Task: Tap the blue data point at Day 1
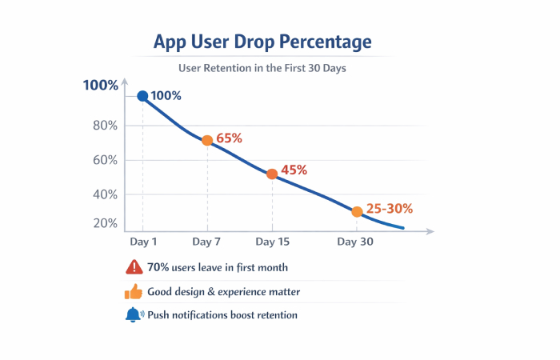[x=142, y=96]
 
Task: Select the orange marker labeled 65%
[x=207, y=140]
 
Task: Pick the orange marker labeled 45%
[x=272, y=174]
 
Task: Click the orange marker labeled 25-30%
[x=357, y=212]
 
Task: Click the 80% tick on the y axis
[x=105, y=126]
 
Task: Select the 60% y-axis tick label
[x=105, y=160]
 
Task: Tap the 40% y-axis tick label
[x=105, y=194]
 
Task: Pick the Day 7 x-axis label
[x=207, y=241]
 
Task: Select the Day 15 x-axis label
[x=272, y=241]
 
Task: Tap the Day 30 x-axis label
[x=356, y=241]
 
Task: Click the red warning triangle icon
[x=133, y=267]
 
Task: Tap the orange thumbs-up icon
[x=133, y=291]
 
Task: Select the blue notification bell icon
[x=133, y=314]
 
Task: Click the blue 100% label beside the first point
[x=166, y=96]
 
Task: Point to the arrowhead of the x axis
[x=430, y=231]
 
